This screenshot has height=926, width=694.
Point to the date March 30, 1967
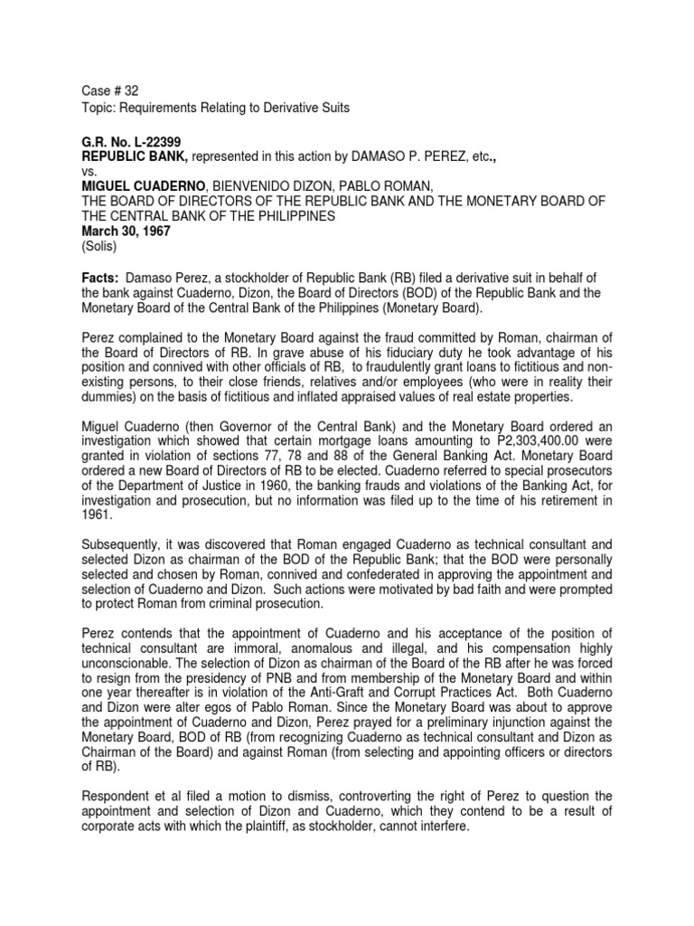(x=117, y=231)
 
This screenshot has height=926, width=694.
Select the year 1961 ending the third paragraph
(x=96, y=515)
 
